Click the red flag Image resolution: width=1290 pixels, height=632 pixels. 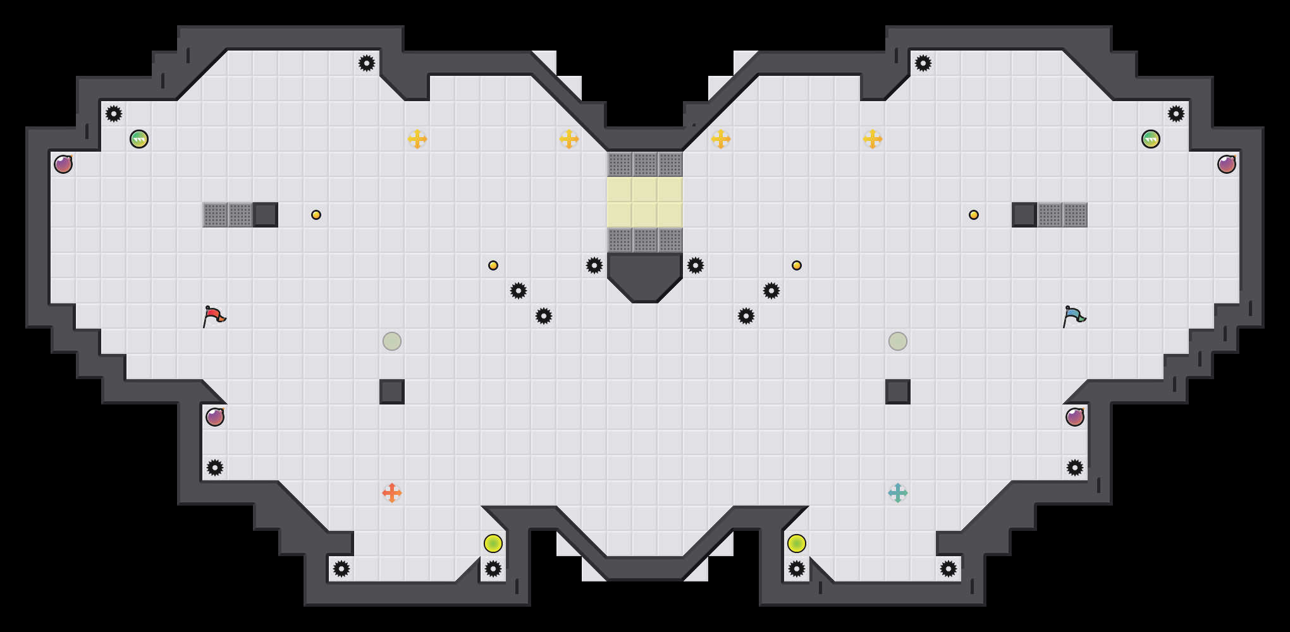pos(214,315)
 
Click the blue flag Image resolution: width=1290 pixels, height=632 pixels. pos(1074,315)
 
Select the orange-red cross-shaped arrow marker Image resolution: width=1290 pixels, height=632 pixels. pos(392,493)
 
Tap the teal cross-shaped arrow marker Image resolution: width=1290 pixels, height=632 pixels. pos(898,493)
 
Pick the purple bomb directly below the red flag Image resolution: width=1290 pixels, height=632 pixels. pos(215,417)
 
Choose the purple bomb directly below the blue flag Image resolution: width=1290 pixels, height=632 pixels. pos(1075,417)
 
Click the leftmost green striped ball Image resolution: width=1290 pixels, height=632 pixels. pos(139,139)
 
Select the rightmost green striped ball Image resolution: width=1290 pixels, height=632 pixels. pos(1151,139)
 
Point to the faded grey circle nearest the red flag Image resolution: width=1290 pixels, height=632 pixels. pos(392,341)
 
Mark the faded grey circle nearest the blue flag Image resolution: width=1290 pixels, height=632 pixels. pos(898,341)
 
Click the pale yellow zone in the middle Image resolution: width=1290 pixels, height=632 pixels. pos(645,202)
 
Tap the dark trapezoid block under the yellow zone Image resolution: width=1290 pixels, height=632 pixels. pos(645,275)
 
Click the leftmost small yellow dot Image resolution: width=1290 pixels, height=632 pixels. pos(316,215)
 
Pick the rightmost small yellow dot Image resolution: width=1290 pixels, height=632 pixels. pos(974,215)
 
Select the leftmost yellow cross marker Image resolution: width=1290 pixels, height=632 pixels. pos(417,139)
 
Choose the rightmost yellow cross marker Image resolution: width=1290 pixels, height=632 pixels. pos(873,139)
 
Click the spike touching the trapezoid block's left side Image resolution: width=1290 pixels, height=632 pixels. pos(594,265)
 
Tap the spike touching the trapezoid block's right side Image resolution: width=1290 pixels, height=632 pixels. pos(696,265)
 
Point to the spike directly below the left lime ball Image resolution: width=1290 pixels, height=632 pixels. pos(493,569)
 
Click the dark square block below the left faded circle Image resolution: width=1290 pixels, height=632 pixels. pos(392,392)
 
